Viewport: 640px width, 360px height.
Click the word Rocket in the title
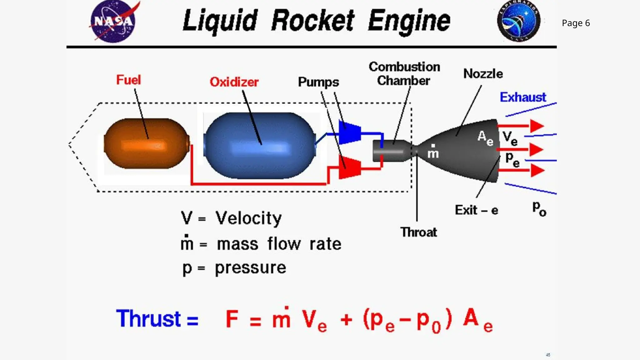pos(312,21)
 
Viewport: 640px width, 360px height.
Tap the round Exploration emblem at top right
pos(518,21)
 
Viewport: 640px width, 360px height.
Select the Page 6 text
pos(576,23)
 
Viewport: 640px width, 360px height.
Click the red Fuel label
pos(128,80)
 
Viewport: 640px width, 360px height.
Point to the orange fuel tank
pos(146,144)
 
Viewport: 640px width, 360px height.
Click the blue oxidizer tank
pos(259,146)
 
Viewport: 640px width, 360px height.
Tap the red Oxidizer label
pos(234,82)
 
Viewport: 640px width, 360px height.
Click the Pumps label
pos(318,82)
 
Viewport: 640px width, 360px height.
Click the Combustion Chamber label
pos(404,74)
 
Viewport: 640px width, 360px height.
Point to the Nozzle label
pos(483,74)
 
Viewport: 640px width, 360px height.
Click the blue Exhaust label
pos(523,97)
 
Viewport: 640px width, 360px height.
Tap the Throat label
pos(418,232)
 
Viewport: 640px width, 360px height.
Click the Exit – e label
pos(476,210)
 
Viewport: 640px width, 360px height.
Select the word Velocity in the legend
pos(248,218)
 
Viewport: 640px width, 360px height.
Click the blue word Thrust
pos(148,319)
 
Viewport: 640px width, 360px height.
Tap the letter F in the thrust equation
pos(232,319)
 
